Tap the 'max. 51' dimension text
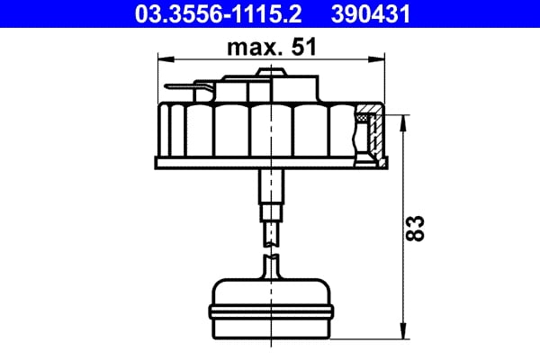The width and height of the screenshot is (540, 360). (x=270, y=48)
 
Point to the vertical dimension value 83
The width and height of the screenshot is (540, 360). (x=417, y=228)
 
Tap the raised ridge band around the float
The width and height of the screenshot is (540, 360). (x=270, y=310)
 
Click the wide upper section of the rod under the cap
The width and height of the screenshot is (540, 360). (x=270, y=186)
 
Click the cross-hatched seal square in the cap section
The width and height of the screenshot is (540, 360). (x=364, y=116)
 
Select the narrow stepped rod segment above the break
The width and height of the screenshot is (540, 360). (x=270, y=217)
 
